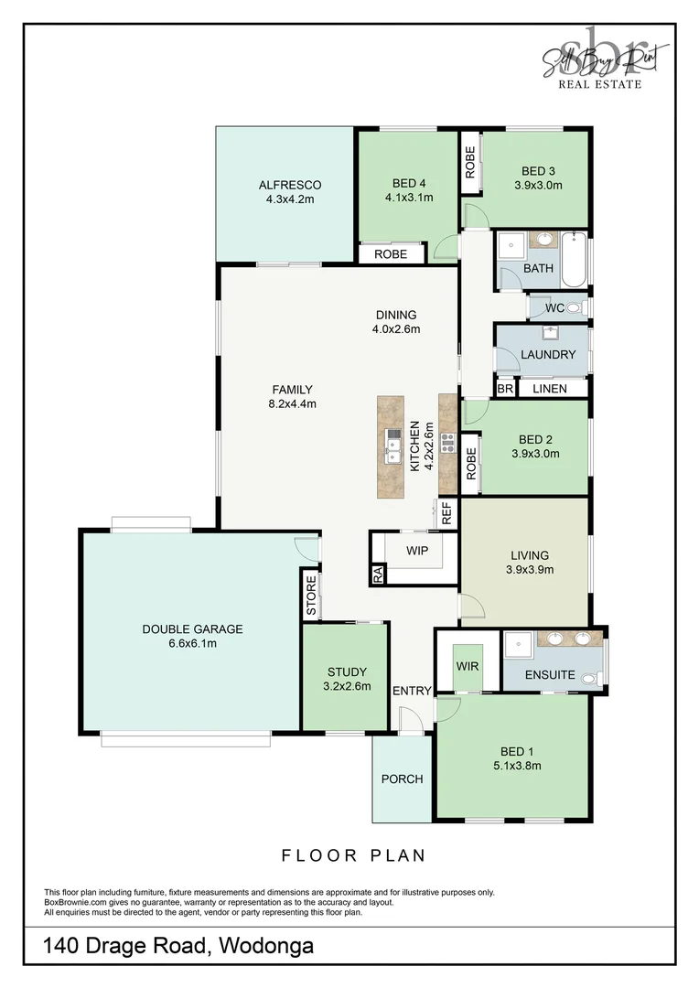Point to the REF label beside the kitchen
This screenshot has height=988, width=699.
tap(446, 514)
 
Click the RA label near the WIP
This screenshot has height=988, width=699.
tap(377, 575)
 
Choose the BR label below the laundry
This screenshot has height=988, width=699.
tap(505, 389)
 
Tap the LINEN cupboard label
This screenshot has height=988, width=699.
tap(549, 389)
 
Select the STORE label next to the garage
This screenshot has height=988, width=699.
tap(311, 595)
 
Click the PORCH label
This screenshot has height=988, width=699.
tap(402, 779)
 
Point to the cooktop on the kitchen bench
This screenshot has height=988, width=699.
tap(448, 443)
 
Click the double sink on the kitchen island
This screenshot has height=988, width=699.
tap(393, 446)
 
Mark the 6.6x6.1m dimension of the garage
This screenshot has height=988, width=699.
tap(192, 643)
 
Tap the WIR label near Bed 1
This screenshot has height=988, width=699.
tap(467, 666)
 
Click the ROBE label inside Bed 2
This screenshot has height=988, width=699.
tap(471, 463)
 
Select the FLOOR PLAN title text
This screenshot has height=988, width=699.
tap(353, 856)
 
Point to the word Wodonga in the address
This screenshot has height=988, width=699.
tap(265, 946)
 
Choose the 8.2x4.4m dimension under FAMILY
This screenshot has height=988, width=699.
tap(292, 403)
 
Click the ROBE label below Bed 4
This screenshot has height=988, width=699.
tap(391, 254)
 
